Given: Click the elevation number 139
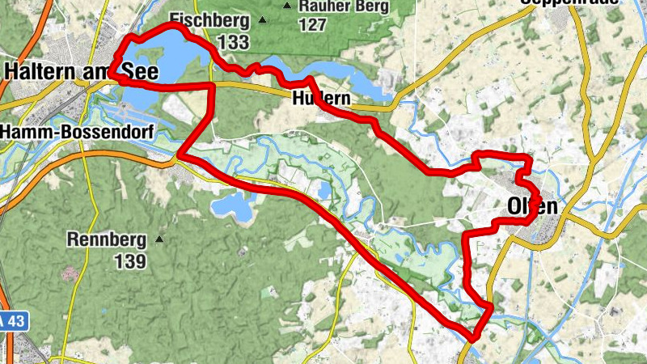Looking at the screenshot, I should pyautogui.click(x=129, y=261).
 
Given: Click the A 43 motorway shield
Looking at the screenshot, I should pyautogui.click(x=13, y=322).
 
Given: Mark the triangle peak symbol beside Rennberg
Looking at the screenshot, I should pyautogui.click(x=159, y=239).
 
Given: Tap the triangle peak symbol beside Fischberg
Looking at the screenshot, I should pyautogui.click(x=261, y=19).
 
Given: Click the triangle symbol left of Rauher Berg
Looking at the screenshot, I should pyautogui.click(x=287, y=6).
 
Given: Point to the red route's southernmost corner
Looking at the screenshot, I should pyautogui.click(x=476, y=336).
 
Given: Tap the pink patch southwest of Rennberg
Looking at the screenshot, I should pyautogui.click(x=68, y=273).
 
